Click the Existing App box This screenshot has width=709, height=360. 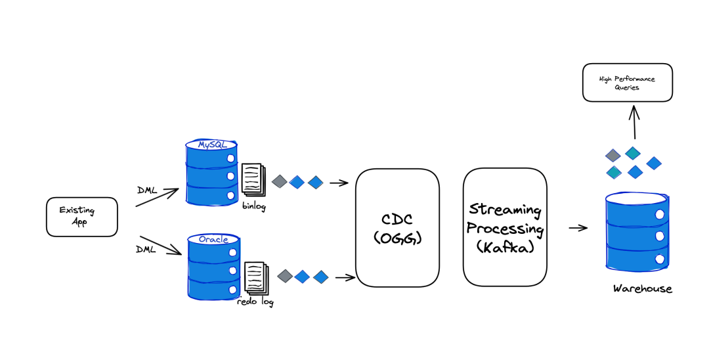(x=82, y=217)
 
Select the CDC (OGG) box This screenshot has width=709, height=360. (x=397, y=228)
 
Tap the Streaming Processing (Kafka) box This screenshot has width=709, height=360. (x=505, y=227)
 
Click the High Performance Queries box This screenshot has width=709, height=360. (x=628, y=83)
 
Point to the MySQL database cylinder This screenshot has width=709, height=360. (x=212, y=172)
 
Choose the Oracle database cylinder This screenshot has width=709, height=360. (x=214, y=266)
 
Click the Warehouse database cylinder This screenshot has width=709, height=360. (x=637, y=231)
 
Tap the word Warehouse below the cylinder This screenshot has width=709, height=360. (x=643, y=288)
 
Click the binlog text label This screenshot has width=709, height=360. (x=254, y=206)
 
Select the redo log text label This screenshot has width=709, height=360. (x=255, y=302)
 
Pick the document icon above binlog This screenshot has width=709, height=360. (x=253, y=180)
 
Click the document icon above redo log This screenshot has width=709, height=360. (x=257, y=277)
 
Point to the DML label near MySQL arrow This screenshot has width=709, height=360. (x=148, y=191)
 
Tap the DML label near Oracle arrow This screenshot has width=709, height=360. (x=146, y=249)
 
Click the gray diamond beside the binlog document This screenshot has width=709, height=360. (x=280, y=181)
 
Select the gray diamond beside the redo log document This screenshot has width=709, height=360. (x=285, y=276)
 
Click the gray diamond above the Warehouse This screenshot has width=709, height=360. (x=613, y=156)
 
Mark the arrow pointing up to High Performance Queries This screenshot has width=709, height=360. (x=634, y=122)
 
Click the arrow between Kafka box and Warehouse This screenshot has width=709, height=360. (x=578, y=228)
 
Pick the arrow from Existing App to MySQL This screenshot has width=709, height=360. (x=158, y=198)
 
